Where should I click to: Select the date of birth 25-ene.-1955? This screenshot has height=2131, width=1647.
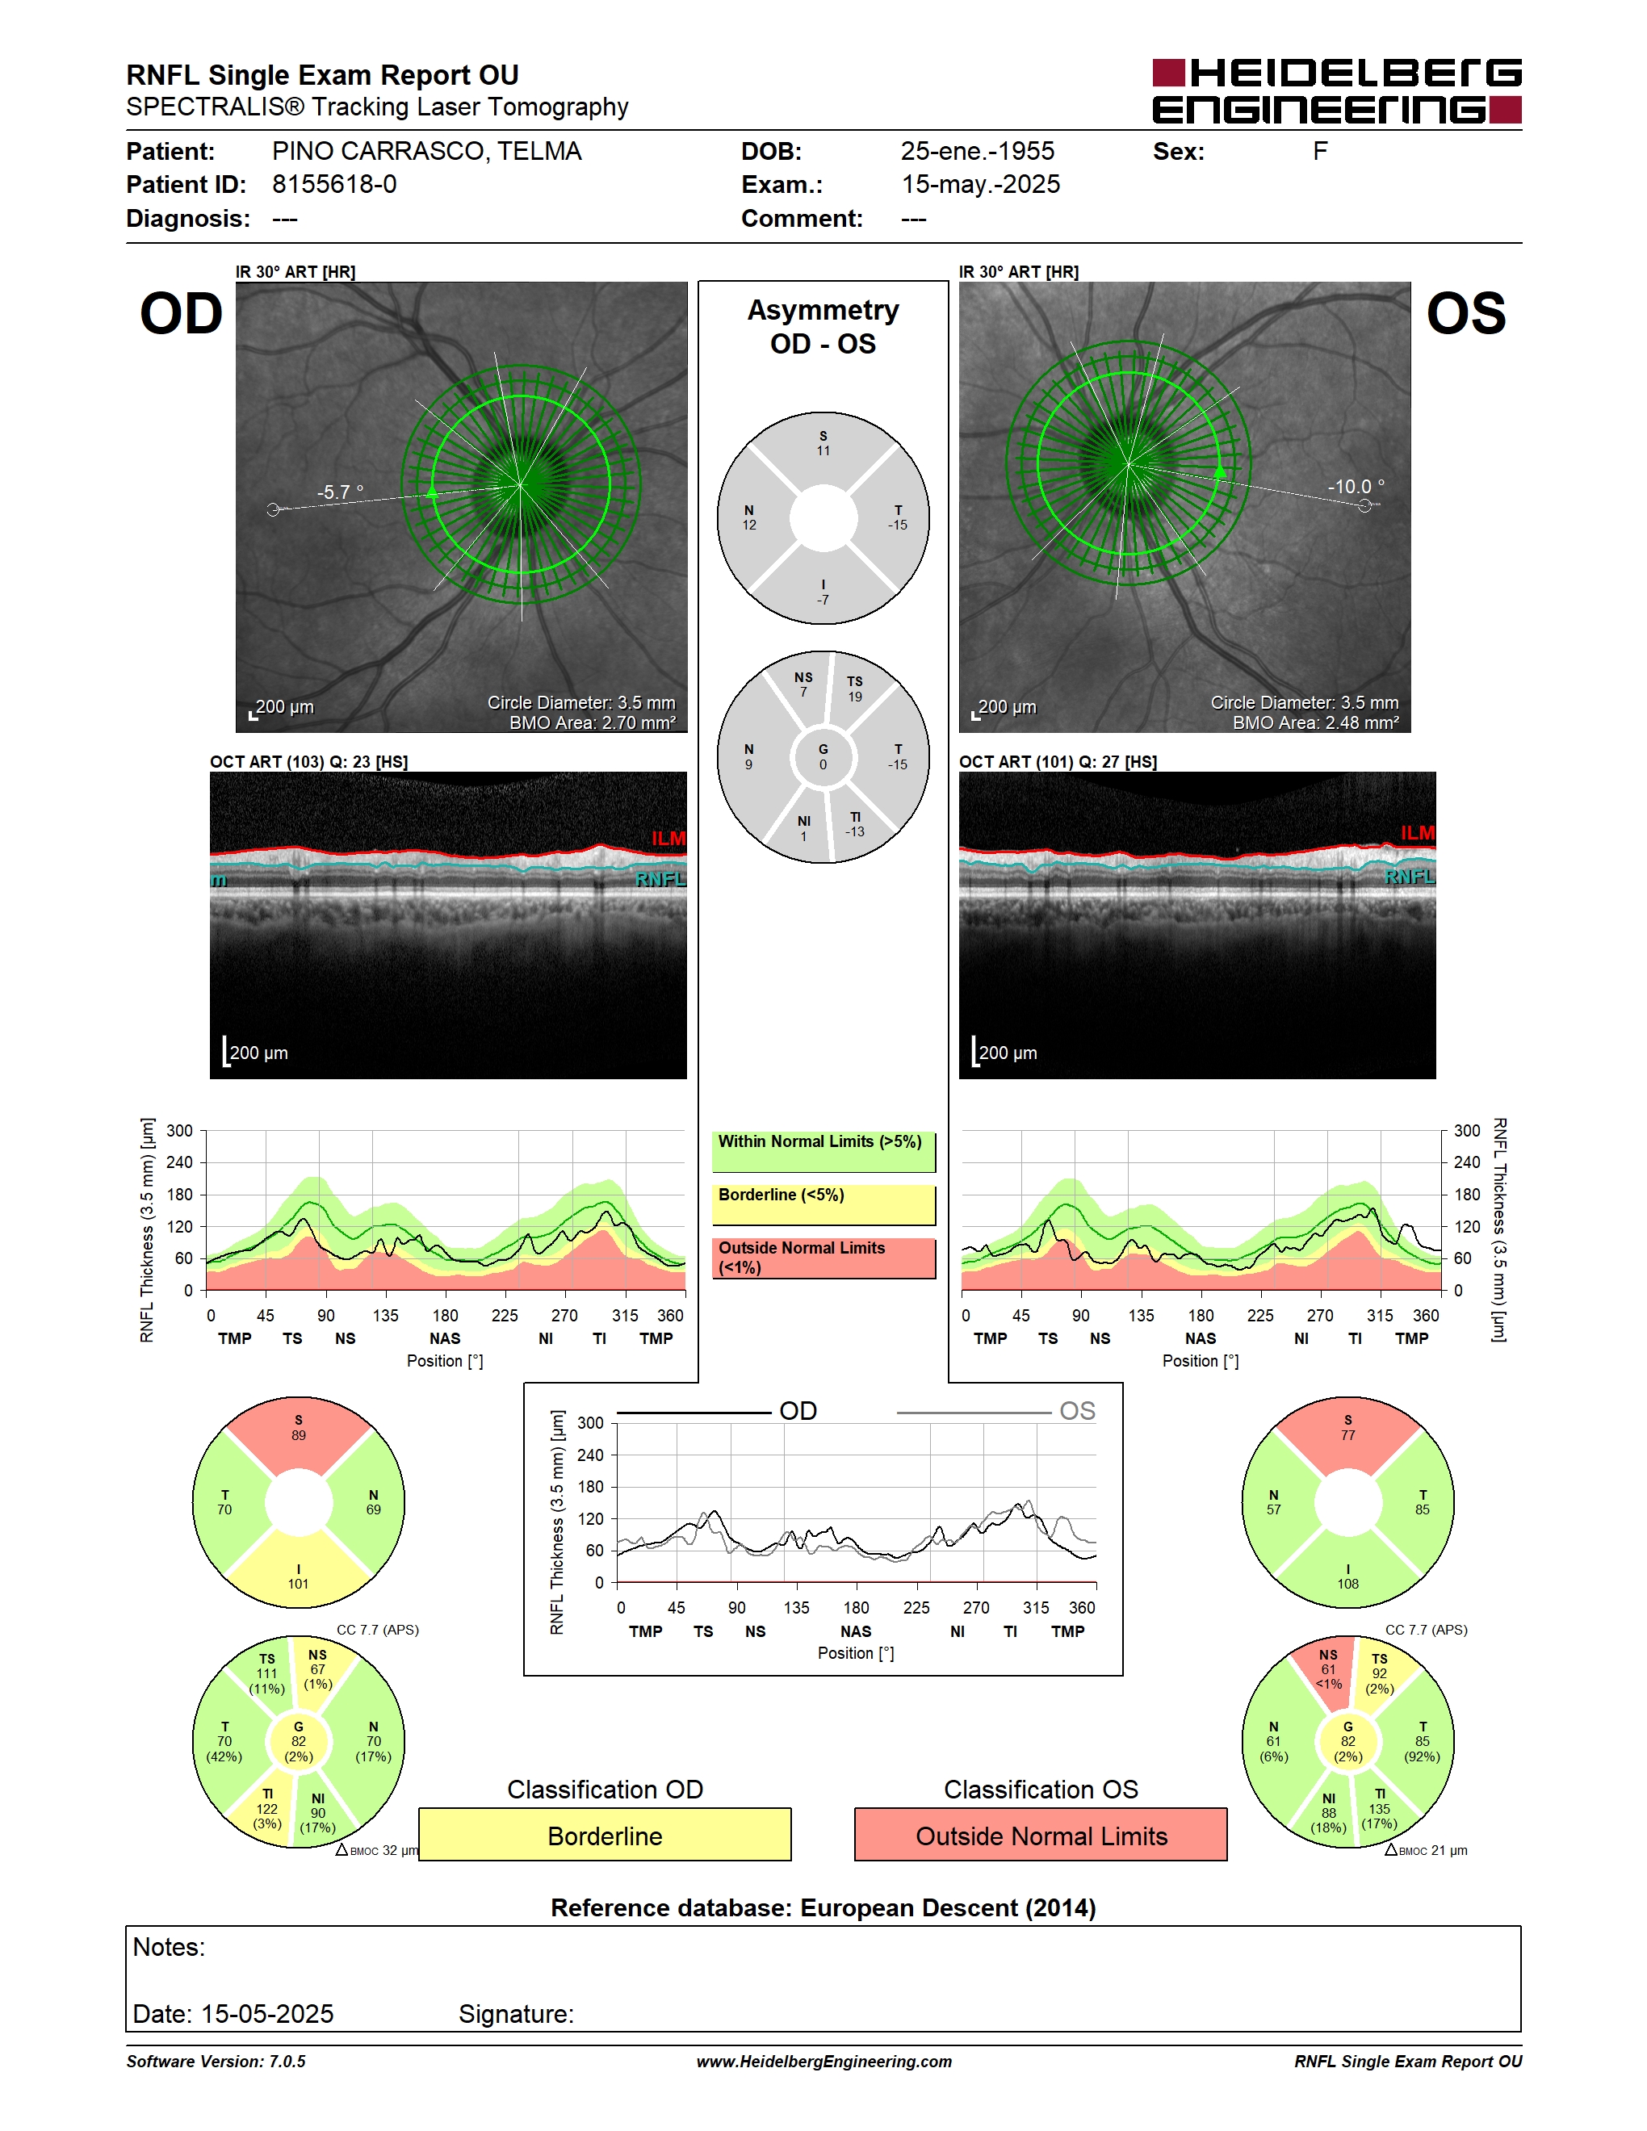[x=977, y=151]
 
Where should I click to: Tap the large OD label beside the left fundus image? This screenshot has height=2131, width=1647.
[x=182, y=314]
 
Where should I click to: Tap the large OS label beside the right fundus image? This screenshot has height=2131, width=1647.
[x=1465, y=314]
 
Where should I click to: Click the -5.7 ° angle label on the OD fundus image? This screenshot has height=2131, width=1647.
[x=340, y=492]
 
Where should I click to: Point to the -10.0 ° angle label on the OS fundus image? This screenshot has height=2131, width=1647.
[x=1356, y=486]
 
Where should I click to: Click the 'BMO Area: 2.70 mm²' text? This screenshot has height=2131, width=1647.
[x=593, y=723]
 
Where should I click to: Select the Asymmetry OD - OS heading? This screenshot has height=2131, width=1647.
[x=823, y=327]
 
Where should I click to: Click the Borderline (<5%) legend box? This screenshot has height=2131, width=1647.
[x=823, y=1205]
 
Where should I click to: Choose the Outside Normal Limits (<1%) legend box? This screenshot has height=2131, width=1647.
[x=823, y=1258]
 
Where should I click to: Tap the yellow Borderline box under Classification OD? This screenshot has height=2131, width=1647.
[x=605, y=1835]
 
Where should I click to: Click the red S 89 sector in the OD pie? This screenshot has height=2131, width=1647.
[x=299, y=1433]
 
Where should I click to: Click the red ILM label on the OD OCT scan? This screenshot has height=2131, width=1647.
[x=668, y=838]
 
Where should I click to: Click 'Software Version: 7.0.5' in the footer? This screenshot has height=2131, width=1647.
[x=216, y=2062]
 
